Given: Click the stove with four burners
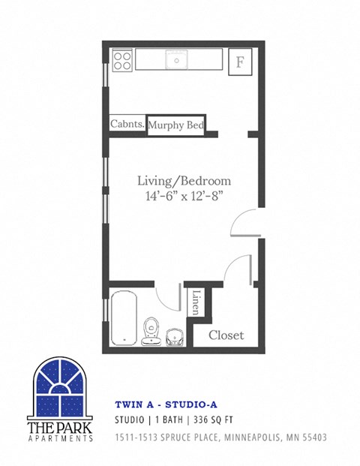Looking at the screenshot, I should pyautogui.click(x=123, y=60).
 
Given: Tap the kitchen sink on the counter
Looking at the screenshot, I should pyautogui.click(x=177, y=59).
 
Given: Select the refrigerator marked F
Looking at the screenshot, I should pyautogui.click(x=240, y=62).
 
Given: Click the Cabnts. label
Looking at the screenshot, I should pyautogui.click(x=127, y=125).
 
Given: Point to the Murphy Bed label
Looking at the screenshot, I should pyautogui.click(x=176, y=125).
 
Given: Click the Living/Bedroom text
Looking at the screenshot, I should pyautogui.click(x=184, y=181).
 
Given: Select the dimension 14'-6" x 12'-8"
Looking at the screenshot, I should pyautogui.click(x=184, y=195).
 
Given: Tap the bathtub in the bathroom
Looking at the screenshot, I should pyautogui.click(x=124, y=319).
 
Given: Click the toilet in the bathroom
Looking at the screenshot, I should pyautogui.click(x=151, y=330).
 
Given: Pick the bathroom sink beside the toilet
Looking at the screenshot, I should pyautogui.click(x=174, y=337).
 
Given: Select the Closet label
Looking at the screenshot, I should pyautogui.click(x=226, y=335).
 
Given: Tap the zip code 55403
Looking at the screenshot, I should pyautogui.click(x=311, y=437).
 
